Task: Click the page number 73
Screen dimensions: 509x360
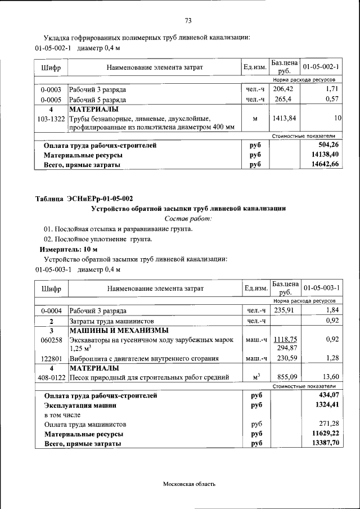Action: [x=188, y=21]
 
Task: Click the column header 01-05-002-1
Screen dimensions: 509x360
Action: [x=321, y=67]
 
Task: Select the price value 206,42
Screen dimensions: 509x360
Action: [x=283, y=89]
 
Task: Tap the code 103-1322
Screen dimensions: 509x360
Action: [x=51, y=119]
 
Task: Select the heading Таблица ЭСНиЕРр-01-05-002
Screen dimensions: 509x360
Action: [x=84, y=199]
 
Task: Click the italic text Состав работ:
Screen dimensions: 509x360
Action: [x=188, y=218]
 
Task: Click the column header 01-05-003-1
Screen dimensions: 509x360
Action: [x=321, y=289]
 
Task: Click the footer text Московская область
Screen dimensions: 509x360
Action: [x=189, y=484]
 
